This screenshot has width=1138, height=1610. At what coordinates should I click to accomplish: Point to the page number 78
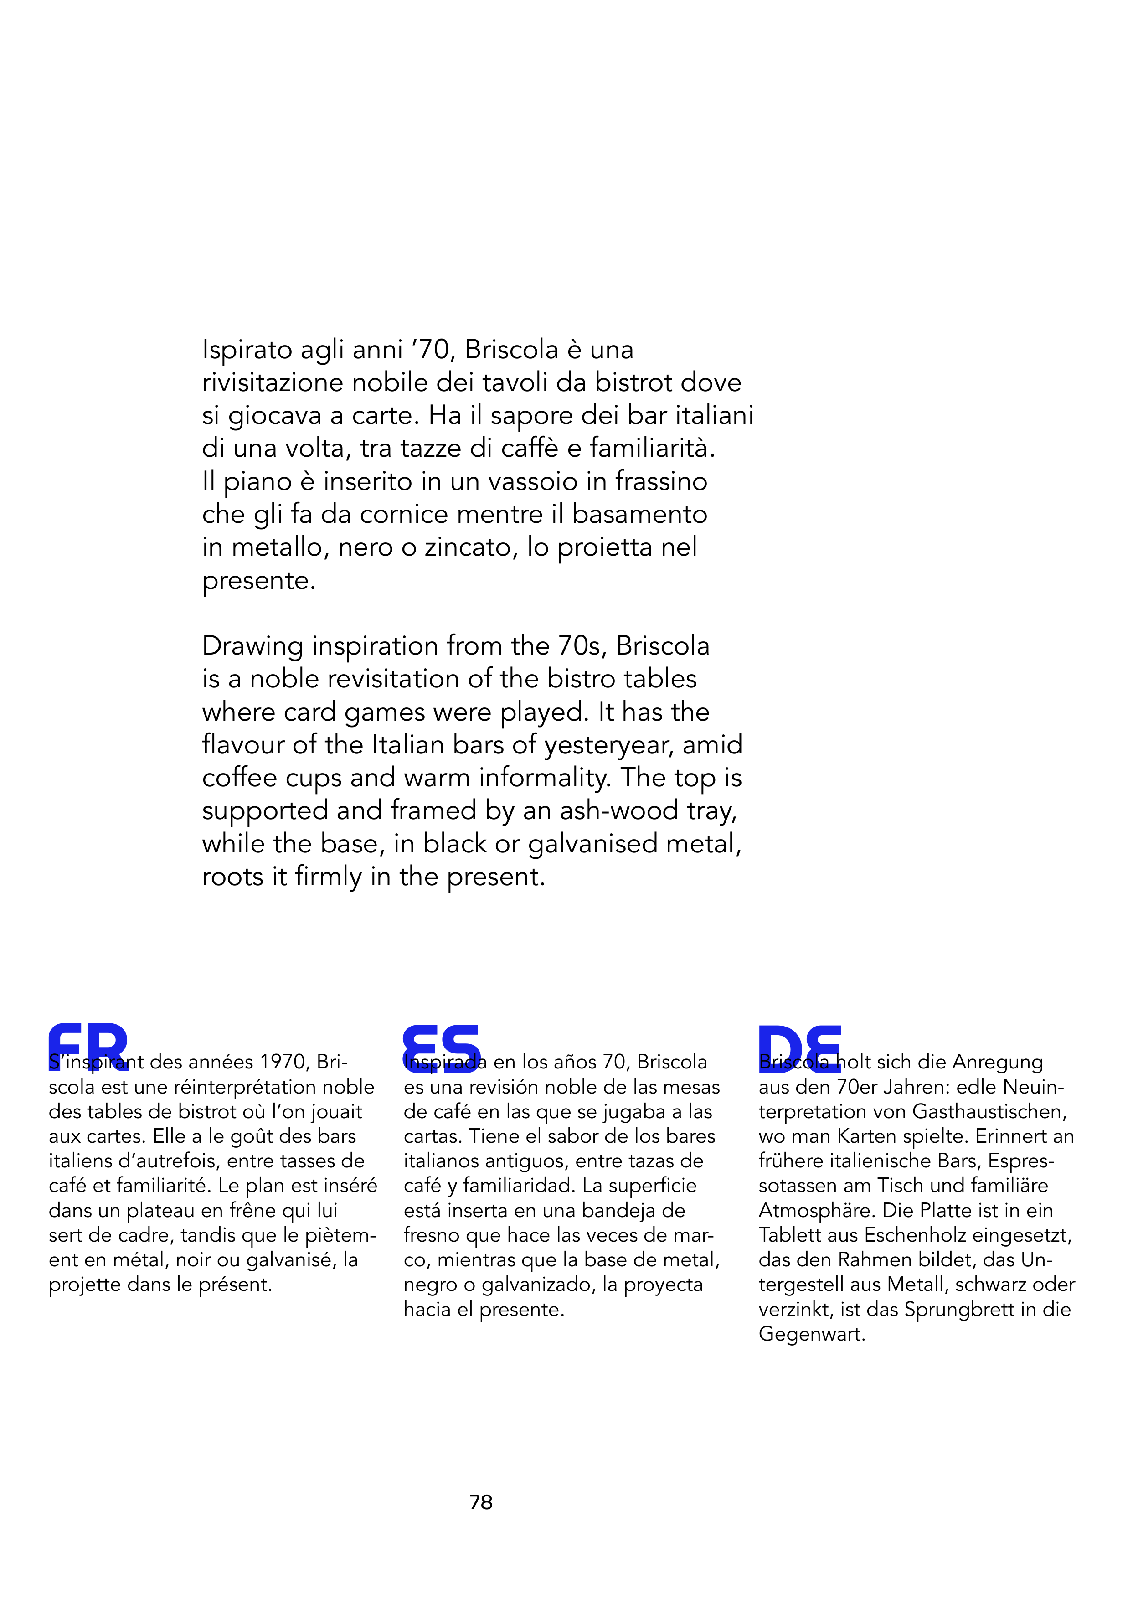(481, 1502)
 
